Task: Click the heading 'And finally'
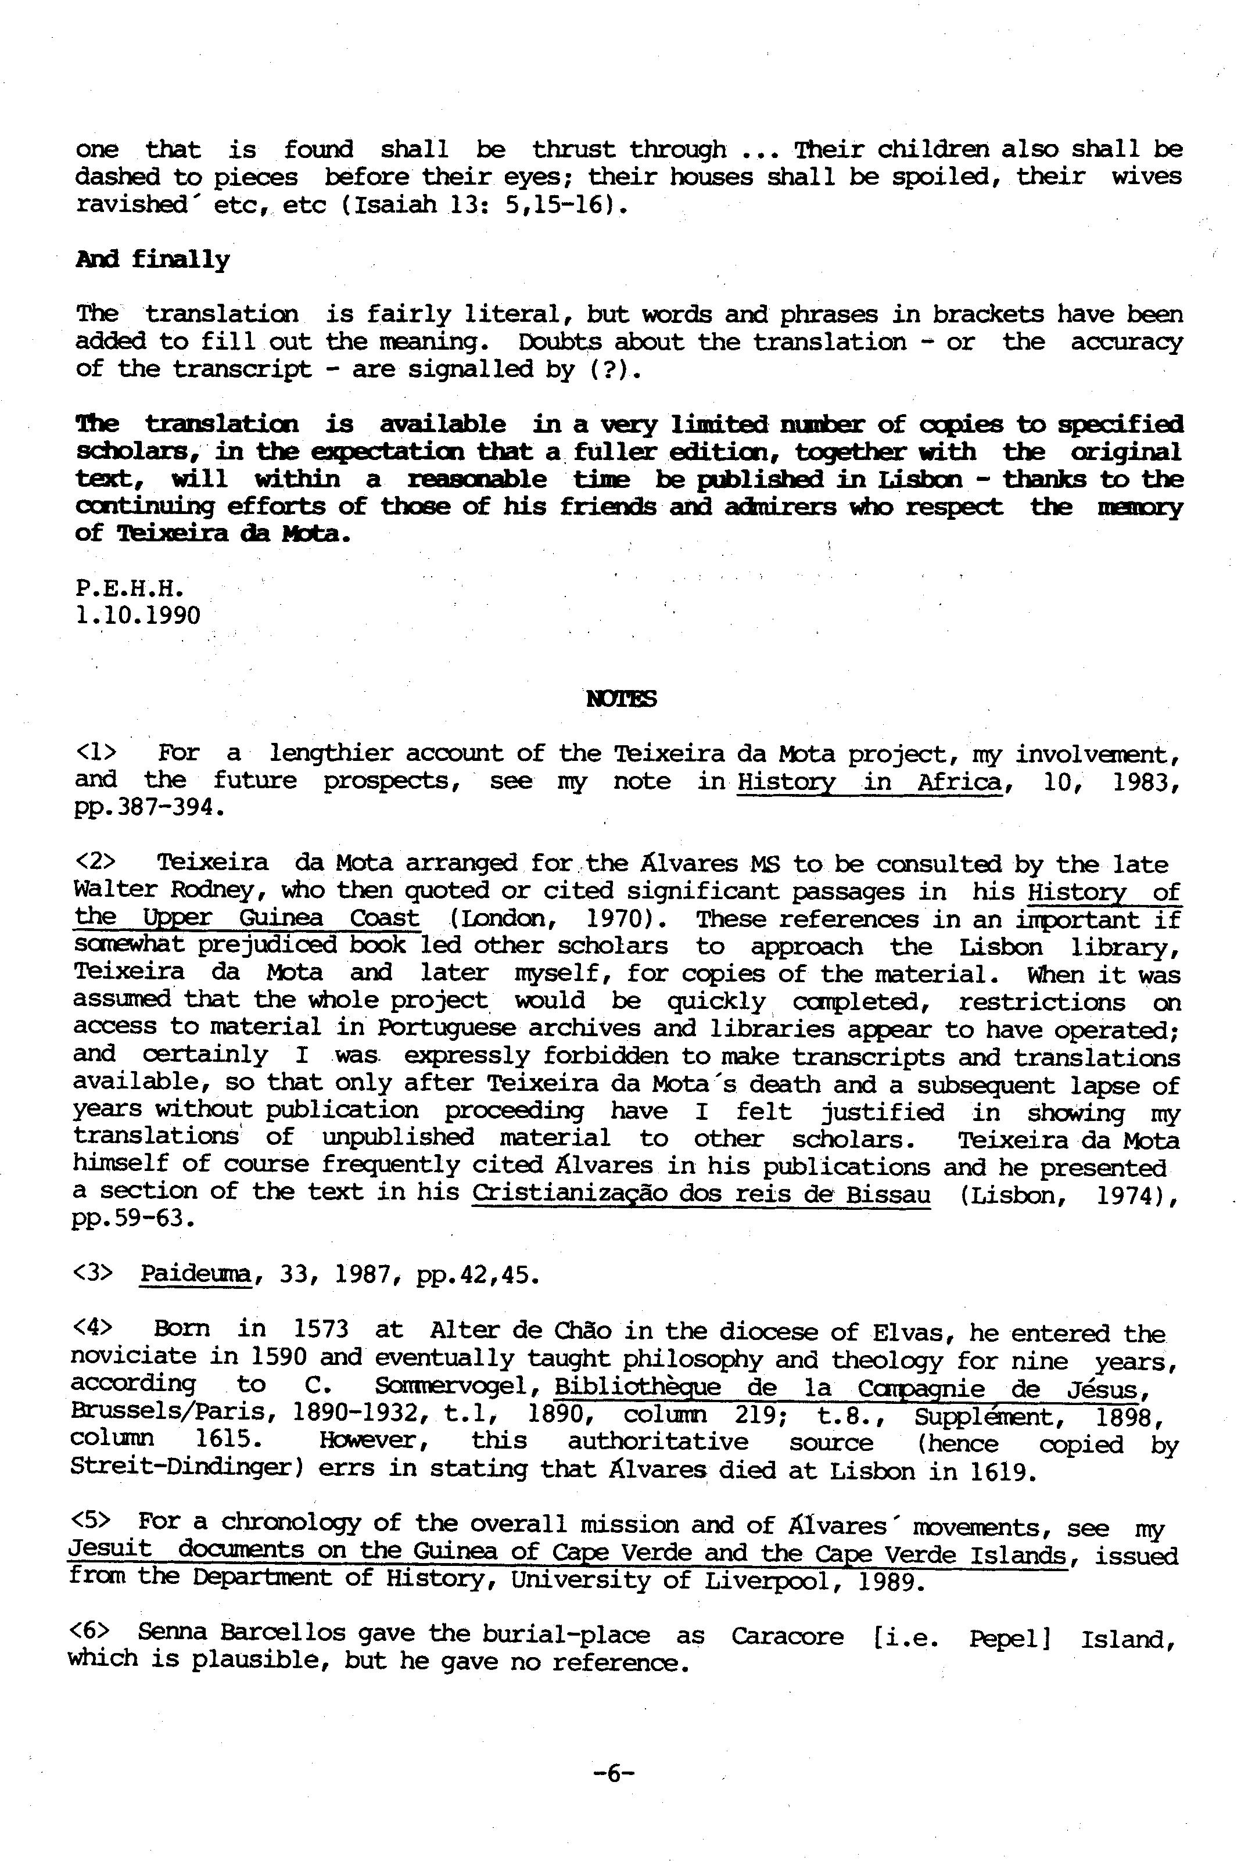coord(153,260)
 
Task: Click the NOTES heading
coord(621,699)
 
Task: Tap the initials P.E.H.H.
coord(131,589)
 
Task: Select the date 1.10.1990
coord(138,616)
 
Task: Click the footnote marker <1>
coord(95,752)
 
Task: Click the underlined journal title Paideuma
coord(195,1275)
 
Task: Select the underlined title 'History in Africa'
coord(868,782)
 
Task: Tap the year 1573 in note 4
coord(321,1330)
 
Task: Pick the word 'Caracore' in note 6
coord(787,1634)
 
